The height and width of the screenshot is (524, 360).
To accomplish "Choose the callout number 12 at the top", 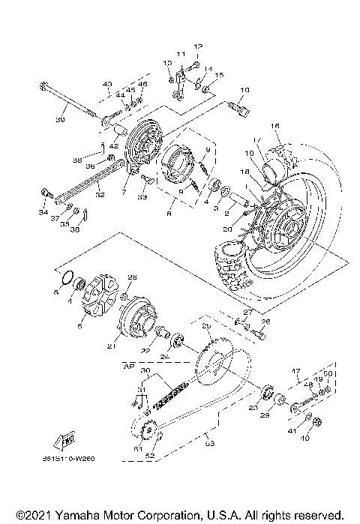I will [199, 46].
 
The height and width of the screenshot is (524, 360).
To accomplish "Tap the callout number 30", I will [145, 371].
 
